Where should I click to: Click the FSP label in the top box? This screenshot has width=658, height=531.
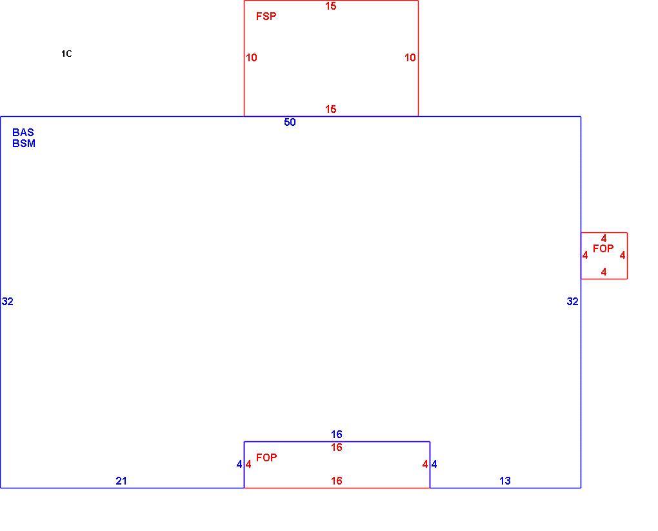click(266, 16)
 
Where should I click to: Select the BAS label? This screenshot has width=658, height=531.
click(23, 132)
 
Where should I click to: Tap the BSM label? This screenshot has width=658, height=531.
click(24, 144)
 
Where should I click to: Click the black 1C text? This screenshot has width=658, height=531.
click(66, 54)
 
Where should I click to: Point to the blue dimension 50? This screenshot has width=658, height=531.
click(290, 122)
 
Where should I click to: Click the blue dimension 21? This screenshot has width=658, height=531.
click(121, 481)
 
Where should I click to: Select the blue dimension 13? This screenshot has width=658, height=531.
click(505, 481)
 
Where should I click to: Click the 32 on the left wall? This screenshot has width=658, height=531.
click(8, 301)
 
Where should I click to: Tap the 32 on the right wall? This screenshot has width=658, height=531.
click(572, 301)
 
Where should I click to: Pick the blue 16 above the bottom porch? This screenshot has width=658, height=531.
click(337, 434)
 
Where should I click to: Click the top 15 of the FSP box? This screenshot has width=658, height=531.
click(331, 6)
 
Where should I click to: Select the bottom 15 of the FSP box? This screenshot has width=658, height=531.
click(331, 109)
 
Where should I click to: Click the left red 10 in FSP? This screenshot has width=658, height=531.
click(252, 57)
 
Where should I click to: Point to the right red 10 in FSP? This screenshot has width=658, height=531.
click(410, 57)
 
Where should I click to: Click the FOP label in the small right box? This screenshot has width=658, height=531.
click(603, 249)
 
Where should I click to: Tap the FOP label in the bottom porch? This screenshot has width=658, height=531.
click(266, 457)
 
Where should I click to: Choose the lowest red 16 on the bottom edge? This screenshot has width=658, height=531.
click(337, 481)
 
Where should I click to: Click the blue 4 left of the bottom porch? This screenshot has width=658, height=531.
click(239, 465)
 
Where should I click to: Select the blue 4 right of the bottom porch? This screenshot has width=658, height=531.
click(434, 465)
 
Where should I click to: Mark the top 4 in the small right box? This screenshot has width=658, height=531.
click(604, 239)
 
